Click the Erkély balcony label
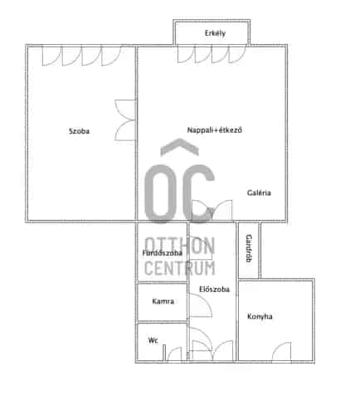215,33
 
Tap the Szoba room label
80,131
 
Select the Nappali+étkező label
215,130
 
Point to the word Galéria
259,193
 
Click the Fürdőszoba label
163,253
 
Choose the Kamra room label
163,301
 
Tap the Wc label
153,340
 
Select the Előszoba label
214,290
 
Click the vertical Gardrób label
249,248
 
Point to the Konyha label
260,316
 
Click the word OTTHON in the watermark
180,246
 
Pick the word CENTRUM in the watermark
180,268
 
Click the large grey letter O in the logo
160,193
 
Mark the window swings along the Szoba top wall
82,56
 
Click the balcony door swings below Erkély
212,55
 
